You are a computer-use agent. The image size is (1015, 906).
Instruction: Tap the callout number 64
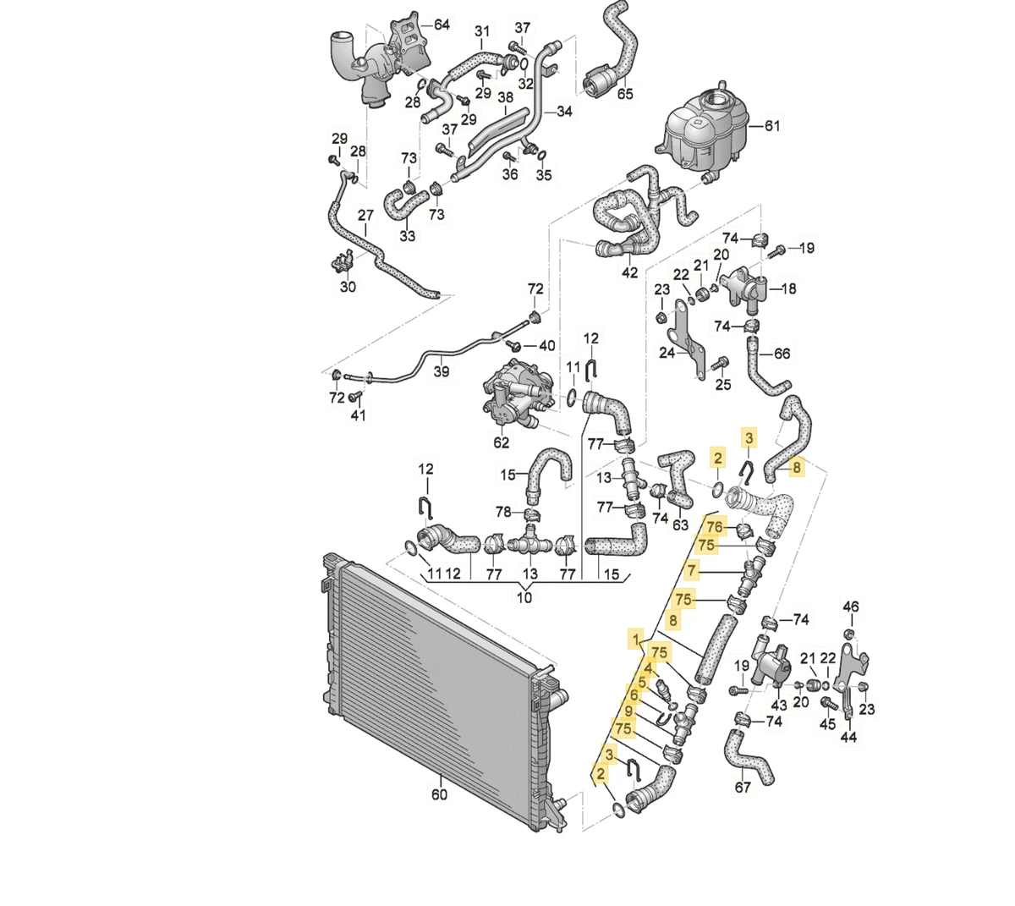point(441,25)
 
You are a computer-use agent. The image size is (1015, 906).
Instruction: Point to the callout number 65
point(624,94)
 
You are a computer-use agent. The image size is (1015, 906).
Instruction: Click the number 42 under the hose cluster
point(629,273)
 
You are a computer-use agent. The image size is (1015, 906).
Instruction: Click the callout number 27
point(365,215)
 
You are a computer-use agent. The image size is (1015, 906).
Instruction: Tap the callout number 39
point(441,371)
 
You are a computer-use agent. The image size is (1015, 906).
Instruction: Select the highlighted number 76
point(715,526)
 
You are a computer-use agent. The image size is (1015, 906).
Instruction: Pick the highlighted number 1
point(634,639)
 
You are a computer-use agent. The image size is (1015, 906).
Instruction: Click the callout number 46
point(851,607)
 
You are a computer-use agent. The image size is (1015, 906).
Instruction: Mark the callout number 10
point(524,599)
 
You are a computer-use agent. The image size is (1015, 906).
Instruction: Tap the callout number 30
point(348,287)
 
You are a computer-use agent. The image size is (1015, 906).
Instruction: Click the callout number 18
point(788,288)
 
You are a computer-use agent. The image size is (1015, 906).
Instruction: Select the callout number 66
point(782,354)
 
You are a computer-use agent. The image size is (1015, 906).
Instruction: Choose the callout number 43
point(779,704)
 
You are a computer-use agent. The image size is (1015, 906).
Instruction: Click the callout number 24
point(667,353)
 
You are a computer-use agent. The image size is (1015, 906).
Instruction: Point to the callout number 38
point(505,98)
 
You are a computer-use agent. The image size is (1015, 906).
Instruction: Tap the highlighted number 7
point(693,569)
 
